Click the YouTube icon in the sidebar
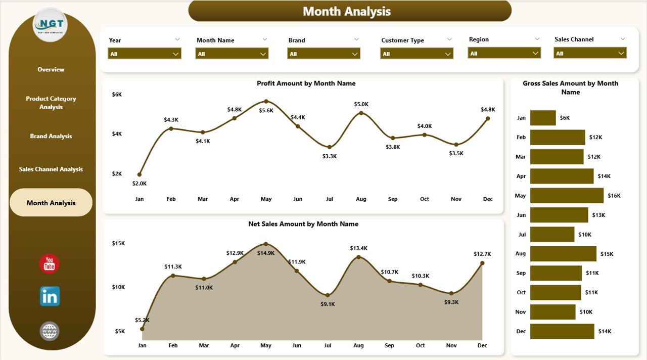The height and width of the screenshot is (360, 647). tap(50, 263)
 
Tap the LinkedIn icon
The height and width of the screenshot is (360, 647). tap(50, 296)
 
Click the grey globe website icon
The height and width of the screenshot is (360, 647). tap(50, 331)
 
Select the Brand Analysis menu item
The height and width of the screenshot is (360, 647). tap(51, 136)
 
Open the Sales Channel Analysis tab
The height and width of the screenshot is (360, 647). tap(51, 169)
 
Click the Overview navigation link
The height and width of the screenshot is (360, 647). tap(51, 69)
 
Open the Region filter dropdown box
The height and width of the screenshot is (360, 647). tap(504, 53)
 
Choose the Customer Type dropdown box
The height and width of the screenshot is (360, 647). tap(417, 54)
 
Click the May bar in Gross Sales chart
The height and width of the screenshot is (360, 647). tap(567, 196)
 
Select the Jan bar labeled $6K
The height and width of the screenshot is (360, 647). tap(543, 118)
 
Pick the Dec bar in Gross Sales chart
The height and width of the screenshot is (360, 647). tap(562, 331)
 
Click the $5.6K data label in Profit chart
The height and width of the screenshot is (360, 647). tap(266, 111)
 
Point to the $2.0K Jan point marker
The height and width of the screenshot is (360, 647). tap(140, 174)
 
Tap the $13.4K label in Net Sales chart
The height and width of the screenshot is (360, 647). tap(358, 248)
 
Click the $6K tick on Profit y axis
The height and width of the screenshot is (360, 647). tap(117, 95)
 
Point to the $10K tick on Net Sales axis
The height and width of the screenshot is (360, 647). tap(118, 287)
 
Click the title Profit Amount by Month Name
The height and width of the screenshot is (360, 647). tap(306, 83)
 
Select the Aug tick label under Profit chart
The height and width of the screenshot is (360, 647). tap(361, 199)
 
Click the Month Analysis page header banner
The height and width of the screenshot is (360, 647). tap(349, 11)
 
